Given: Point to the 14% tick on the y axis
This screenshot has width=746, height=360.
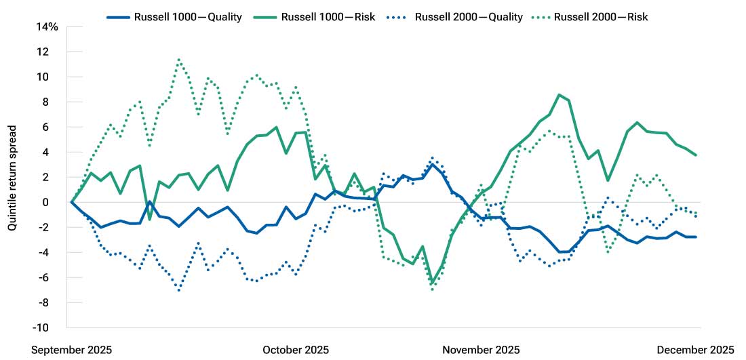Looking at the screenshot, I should (47, 26).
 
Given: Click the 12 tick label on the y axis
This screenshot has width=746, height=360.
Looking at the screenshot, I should (52, 52).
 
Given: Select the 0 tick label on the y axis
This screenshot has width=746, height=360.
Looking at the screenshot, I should (55, 202).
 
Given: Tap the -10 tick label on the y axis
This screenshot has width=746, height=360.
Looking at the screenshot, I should (50, 327).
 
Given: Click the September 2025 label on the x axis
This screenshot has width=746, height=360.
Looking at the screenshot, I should (71, 350).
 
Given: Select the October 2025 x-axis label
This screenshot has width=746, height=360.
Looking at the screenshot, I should (296, 350).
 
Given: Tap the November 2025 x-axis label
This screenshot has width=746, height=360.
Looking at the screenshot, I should (481, 350).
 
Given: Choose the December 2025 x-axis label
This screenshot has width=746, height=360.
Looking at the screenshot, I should (695, 350).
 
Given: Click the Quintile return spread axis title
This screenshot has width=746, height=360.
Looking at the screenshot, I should (12, 176).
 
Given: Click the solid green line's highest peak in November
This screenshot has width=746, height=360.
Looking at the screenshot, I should (559, 95).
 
